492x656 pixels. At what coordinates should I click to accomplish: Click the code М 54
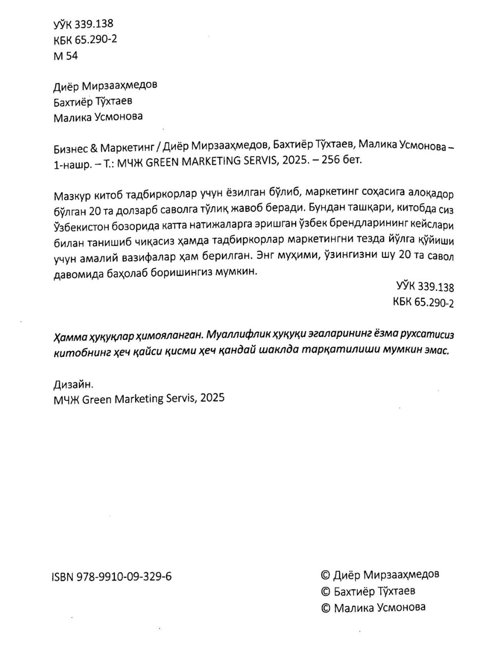click(x=66, y=56)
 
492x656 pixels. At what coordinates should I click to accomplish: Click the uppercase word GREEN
click(x=162, y=163)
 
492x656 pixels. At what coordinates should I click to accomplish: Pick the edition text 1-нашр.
click(x=71, y=164)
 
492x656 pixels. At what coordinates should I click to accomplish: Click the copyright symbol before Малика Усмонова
click(x=325, y=608)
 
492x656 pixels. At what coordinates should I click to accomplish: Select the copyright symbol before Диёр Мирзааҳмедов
click(x=325, y=575)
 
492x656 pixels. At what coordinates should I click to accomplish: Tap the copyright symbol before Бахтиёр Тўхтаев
click(x=325, y=592)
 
